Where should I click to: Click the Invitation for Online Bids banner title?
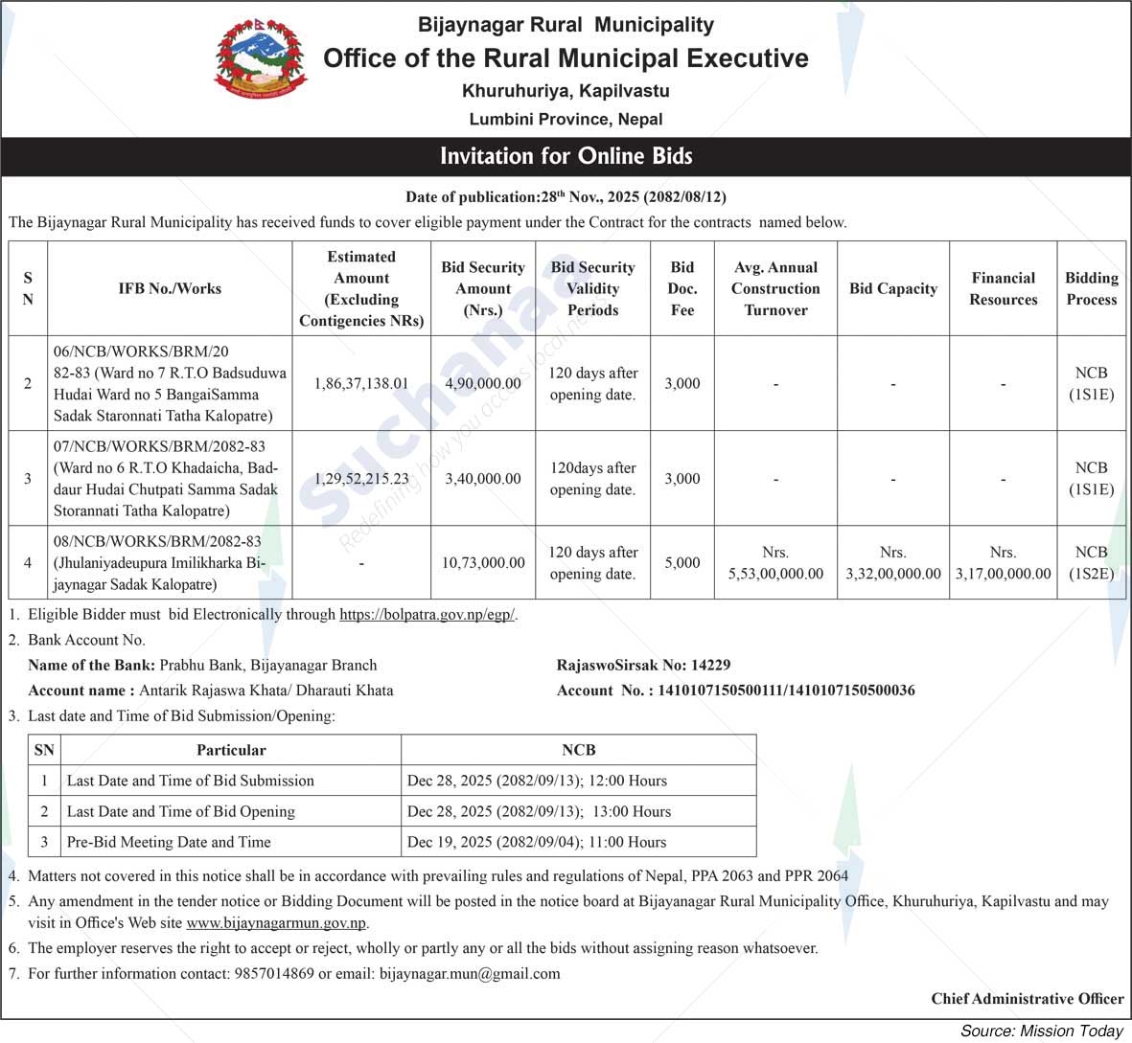pyautogui.click(x=566, y=156)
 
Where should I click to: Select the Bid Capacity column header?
pyautogui.click(x=892, y=288)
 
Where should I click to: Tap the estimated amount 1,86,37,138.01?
pyautogui.click(x=361, y=383)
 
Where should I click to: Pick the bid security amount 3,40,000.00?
pyautogui.click(x=483, y=479)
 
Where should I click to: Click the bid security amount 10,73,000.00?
pyautogui.click(x=483, y=563)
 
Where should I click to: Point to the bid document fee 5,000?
pyautogui.click(x=682, y=563)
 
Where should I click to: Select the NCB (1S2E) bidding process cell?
pyautogui.click(x=1091, y=563)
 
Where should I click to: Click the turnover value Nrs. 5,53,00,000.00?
pyautogui.click(x=775, y=563)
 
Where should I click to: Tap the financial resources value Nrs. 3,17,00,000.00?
pyautogui.click(x=1003, y=563)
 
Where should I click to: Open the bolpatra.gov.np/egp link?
pyautogui.click(x=427, y=615)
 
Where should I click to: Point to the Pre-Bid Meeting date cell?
pyautogui.click(x=537, y=842)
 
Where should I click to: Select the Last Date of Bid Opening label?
pyautogui.click(x=181, y=811)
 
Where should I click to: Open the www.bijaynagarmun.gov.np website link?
pyautogui.click(x=276, y=924)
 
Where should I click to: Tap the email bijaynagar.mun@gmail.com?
pyautogui.click(x=470, y=973)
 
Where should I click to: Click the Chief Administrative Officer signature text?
pyautogui.click(x=1027, y=999)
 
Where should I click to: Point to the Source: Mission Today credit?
pyautogui.click(x=1041, y=1031)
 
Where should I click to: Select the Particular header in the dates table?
pyautogui.click(x=231, y=750)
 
